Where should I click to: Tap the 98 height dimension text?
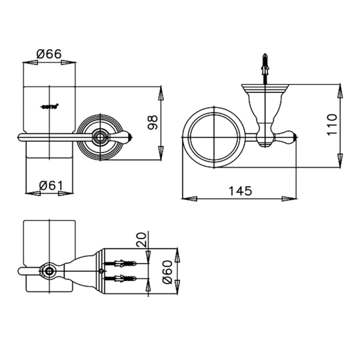[153, 122]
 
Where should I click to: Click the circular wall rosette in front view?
[100, 135]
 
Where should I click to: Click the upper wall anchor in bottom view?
[121, 262]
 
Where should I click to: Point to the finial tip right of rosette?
[128, 135]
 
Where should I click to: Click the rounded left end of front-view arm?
[20, 137]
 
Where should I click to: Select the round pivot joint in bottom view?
[48, 270]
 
